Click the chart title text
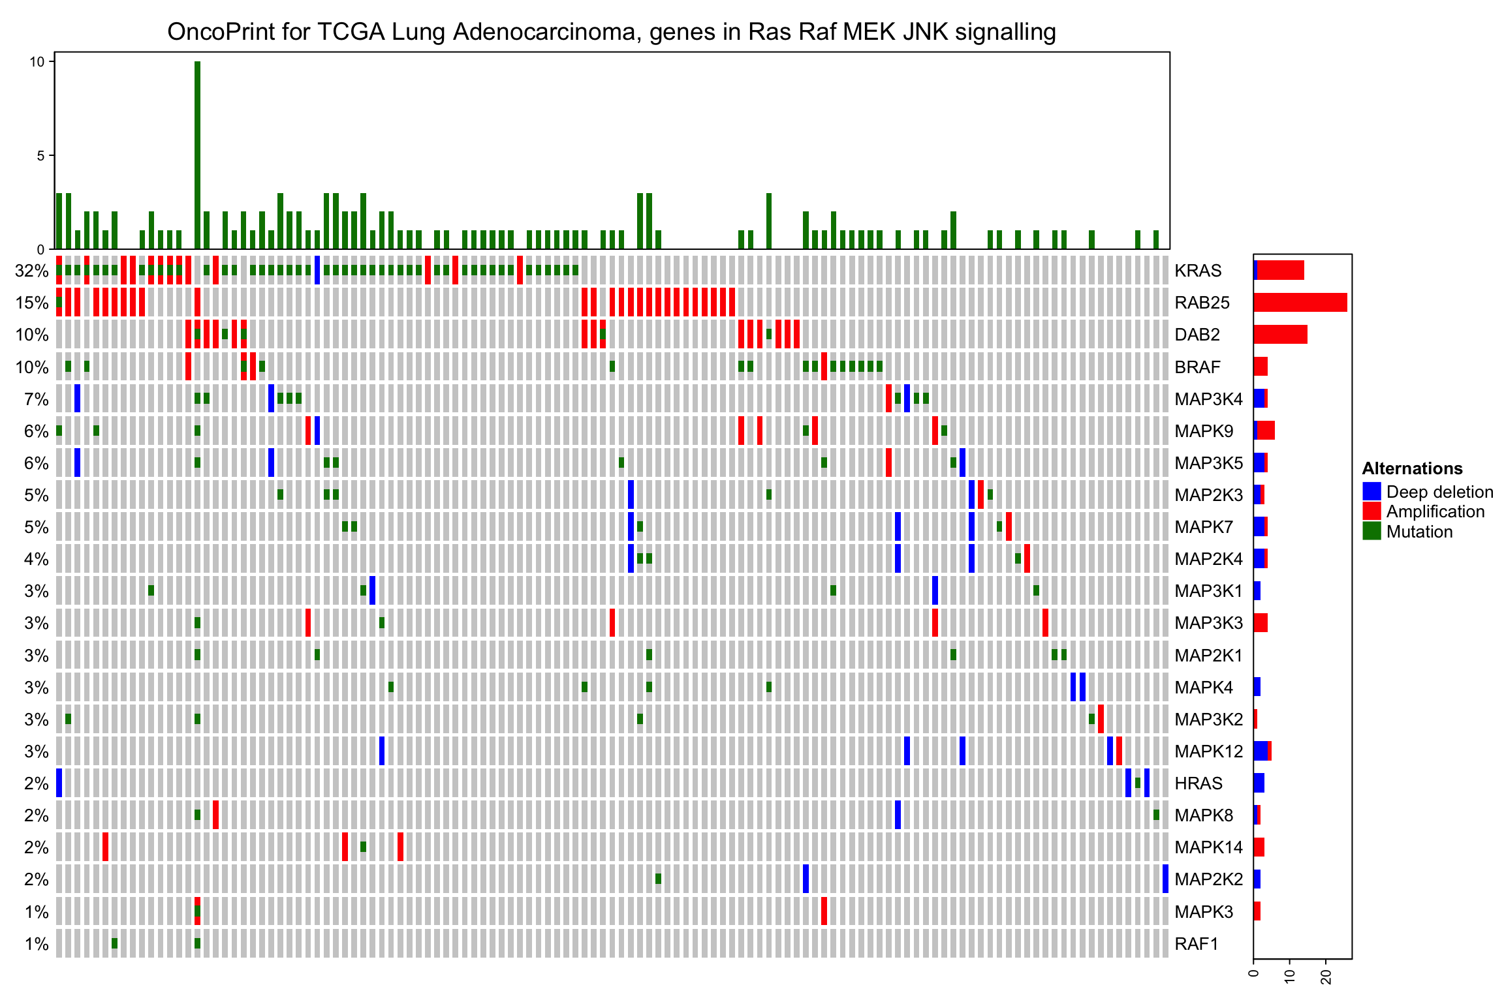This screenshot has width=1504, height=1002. pos(611,32)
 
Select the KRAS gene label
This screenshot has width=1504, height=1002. pos(1197,271)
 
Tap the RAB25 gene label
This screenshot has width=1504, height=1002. pos(1202,303)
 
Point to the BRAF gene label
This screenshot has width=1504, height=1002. pos(1197,367)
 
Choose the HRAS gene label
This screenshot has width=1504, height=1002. pos(1198,783)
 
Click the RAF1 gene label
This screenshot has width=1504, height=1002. pos(1196,944)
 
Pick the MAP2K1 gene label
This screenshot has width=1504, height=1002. pos(1208,656)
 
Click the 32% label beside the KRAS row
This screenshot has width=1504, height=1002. pos(32,271)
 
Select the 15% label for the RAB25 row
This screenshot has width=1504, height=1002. pos(32,303)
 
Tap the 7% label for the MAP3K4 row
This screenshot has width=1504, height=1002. pos(37,399)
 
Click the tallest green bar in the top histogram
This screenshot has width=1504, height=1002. pos(197,155)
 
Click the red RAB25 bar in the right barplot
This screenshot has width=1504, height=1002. pos(1300,303)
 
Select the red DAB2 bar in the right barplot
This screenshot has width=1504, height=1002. pos(1280,335)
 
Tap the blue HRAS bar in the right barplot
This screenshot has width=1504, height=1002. pos(1259,783)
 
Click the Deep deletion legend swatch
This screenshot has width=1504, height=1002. pos(1371,492)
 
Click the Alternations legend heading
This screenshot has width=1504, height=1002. pos(1412,468)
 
